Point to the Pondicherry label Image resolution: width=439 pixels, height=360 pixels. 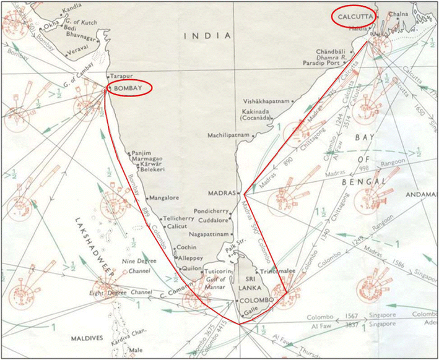(x=211, y=210)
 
